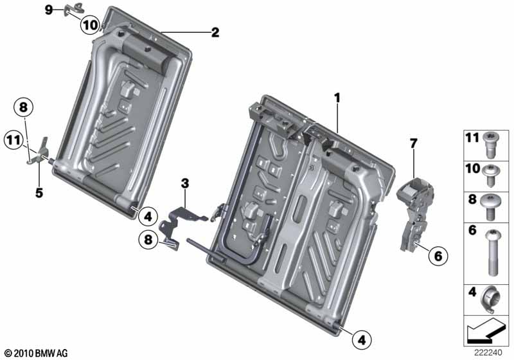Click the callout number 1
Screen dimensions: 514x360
coord(337,98)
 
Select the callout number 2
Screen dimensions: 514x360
coord(215,32)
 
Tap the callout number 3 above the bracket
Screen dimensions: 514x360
coord(185,184)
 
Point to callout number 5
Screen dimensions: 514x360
coord(39,193)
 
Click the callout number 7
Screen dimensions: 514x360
coord(413,143)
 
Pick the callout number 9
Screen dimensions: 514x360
coord(49,10)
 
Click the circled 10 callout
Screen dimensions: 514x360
coord(90,24)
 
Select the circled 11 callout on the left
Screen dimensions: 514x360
coord(13,140)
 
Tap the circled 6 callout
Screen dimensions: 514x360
coord(438,256)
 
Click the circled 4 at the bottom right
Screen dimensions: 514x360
coord(362,340)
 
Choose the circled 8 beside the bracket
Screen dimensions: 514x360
coord(148,239)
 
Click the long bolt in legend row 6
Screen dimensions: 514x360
coord(492,253)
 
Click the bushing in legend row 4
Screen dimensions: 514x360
coord(490,300)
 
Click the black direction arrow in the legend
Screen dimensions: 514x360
coord(484,330)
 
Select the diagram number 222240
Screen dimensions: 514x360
coord(488,353)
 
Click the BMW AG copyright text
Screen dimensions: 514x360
coord(37,354)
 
